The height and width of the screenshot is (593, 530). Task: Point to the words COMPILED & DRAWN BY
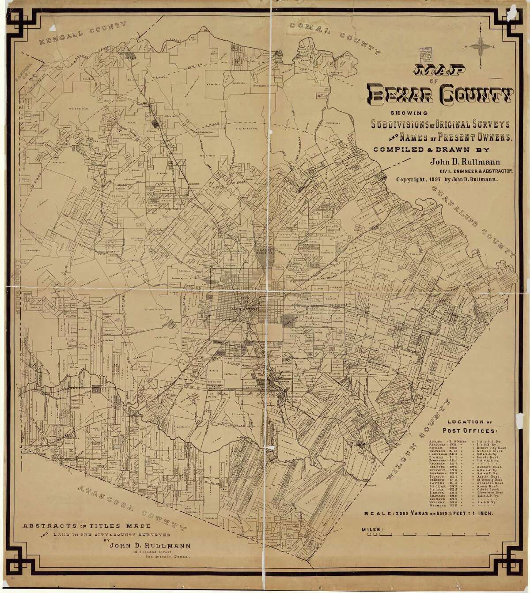tap(416, 149)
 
